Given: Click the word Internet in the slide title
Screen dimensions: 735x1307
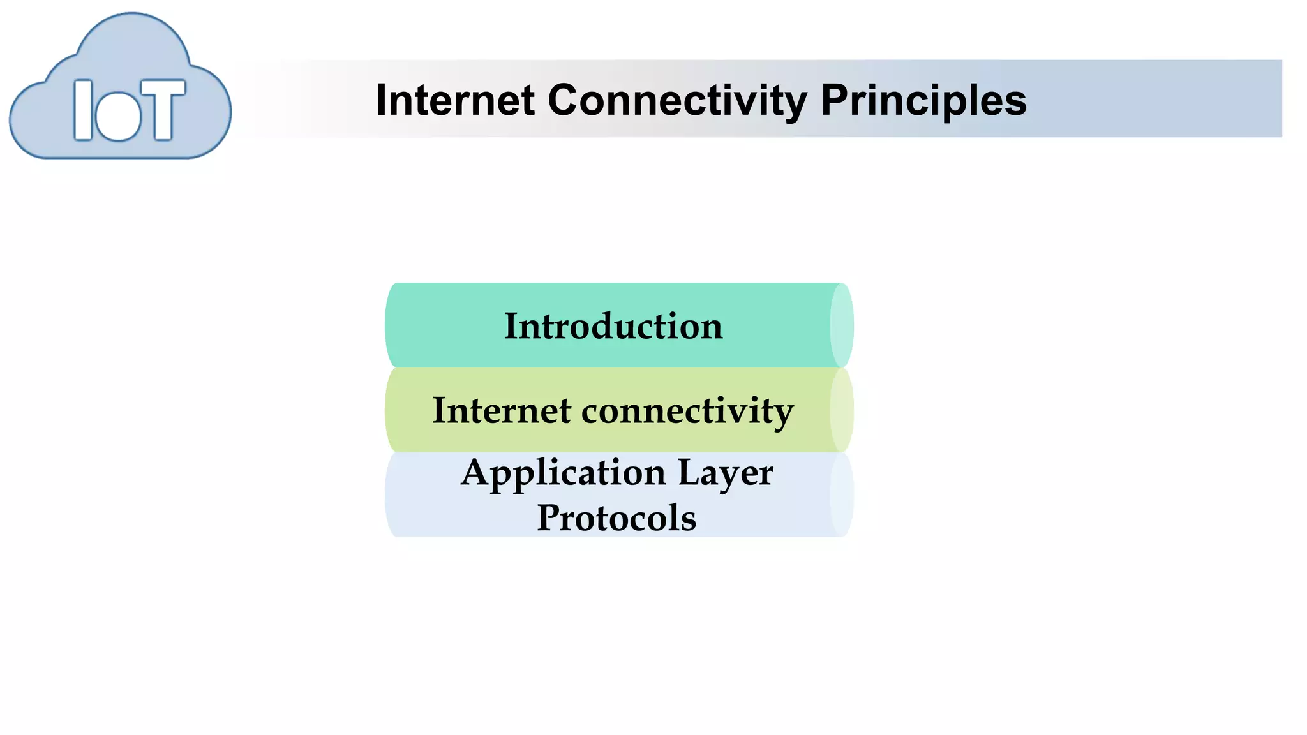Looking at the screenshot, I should [455, 101].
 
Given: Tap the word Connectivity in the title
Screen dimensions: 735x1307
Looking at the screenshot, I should [678, 101].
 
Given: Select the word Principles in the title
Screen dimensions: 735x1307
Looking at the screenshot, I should [923, 101].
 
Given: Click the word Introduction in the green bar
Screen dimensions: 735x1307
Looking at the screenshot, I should [613, 326].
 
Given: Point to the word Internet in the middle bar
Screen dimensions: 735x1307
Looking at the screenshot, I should [501, 410].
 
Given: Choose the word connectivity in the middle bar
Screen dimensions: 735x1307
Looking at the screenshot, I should [687, 410].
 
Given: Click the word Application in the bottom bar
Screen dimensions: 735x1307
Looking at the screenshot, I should [564, 473].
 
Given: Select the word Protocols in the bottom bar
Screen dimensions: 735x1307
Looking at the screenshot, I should [616, 517].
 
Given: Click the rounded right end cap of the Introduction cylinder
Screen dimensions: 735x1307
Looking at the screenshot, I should [841, 325].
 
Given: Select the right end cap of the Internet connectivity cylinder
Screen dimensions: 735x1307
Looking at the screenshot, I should [841, 410].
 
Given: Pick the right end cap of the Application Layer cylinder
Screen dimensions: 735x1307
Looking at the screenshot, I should [841, 494].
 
